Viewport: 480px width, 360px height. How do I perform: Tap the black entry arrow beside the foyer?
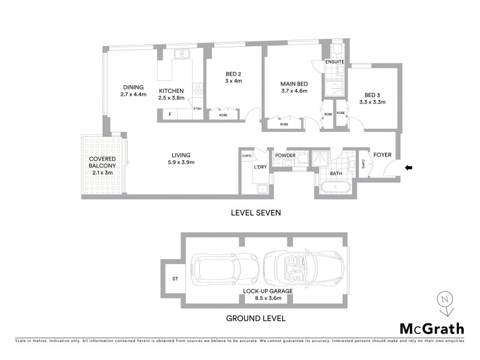[409, 168]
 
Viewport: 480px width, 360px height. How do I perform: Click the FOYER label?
[382, 155]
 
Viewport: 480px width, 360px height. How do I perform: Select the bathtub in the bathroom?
[335, 188]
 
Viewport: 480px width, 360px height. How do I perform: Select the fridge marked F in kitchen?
[170, 114]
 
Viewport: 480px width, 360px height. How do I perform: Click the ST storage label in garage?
[175, 278]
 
